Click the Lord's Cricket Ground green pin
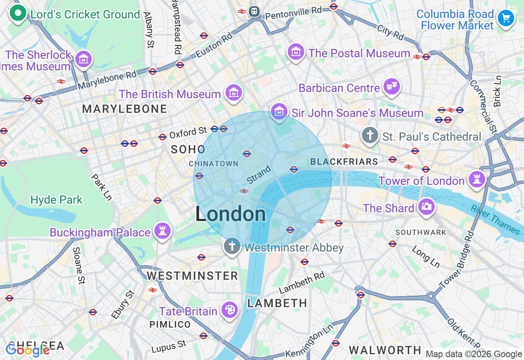point(18,13)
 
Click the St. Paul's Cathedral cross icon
point(370,135)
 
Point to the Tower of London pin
point(477,179)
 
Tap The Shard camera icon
point(426,207)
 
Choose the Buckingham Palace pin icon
point(163,231)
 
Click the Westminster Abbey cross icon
point(232,247)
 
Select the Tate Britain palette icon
point(230,310)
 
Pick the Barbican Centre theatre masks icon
point(392,87)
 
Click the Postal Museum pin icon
point(296,52)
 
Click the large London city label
point(230,214)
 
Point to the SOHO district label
point(188,150)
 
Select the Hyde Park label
point(56,200)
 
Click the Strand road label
point(259,175)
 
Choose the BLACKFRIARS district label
point(344,162)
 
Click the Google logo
point(27,350)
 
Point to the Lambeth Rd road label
point(302,283)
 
